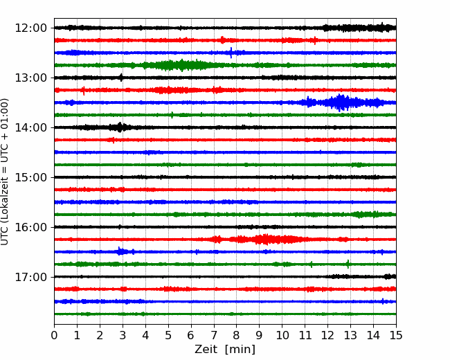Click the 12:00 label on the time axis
coord(30,28)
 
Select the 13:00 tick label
coord(30,78)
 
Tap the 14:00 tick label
coord(30,127)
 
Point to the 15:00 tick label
coord(30,177)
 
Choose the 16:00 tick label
coord(30,227)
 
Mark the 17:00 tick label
coord(30,277)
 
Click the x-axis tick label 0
coord(54,335)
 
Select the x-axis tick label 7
coord(214,335)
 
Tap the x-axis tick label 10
coord(282,335)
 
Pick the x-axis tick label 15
coord(396,335)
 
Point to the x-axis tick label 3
coord(123,335)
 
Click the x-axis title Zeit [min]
coord(225,350)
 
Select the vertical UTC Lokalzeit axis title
coord(5,172)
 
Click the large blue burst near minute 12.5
coord(341,102)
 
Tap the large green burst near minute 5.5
coord(181,65)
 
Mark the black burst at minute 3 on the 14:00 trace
coord(120,127)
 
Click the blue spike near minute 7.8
coord(231,53)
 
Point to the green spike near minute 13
coord(348,264)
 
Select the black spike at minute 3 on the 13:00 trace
coord(121,78)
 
